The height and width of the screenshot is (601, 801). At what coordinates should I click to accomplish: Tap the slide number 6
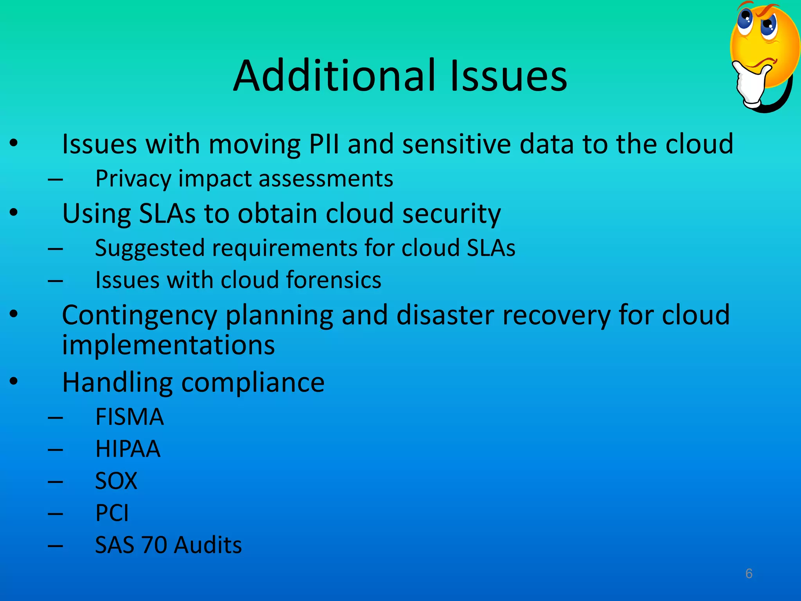pos(749,574)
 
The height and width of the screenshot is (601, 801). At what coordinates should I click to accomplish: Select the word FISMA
pos(129,417)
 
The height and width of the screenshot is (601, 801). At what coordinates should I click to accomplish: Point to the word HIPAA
pos(128,449)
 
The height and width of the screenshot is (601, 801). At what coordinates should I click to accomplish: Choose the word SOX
pos(116,481)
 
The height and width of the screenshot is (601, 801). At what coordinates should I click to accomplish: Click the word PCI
pos(112,513)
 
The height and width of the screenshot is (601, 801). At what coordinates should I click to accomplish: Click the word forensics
pos(334,280)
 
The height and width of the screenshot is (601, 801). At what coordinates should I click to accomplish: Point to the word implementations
pos(169,345)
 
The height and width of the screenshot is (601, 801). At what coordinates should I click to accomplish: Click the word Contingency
pos(139,315)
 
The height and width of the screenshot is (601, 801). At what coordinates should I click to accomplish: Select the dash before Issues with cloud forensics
pos(55,280)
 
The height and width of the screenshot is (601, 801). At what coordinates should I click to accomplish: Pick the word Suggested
pos(150,248)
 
